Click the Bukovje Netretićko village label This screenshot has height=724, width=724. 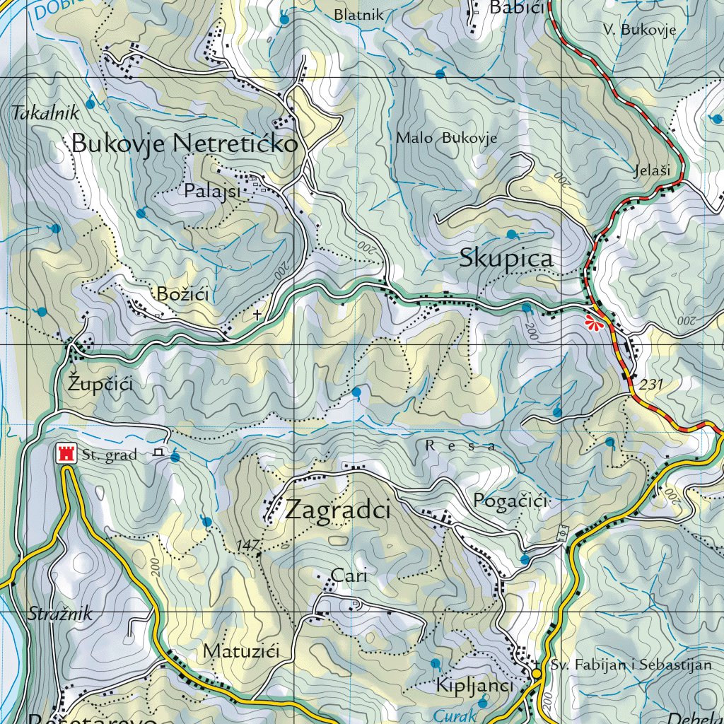[x=185, y=144]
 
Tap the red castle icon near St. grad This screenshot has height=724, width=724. [x=67, y=453]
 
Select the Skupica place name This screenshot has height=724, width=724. [x=506, y=259]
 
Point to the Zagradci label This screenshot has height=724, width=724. [x=338, y=510]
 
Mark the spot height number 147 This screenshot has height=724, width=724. [x=248, y=544]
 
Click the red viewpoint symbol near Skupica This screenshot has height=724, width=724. [x=596, y=323]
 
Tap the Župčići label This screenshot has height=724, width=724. [x=100, y=385]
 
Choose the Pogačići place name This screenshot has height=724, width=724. [x=510, y=501]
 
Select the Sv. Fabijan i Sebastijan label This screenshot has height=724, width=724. [x=631, y=665]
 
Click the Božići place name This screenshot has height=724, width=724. [x=182, y=294]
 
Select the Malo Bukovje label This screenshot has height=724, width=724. [x=446, y=138]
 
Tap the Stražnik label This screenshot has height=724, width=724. [x=61, y=614]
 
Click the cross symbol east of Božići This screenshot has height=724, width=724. [x=257, y=313]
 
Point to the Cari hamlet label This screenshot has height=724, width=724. [x=349, y=576]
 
